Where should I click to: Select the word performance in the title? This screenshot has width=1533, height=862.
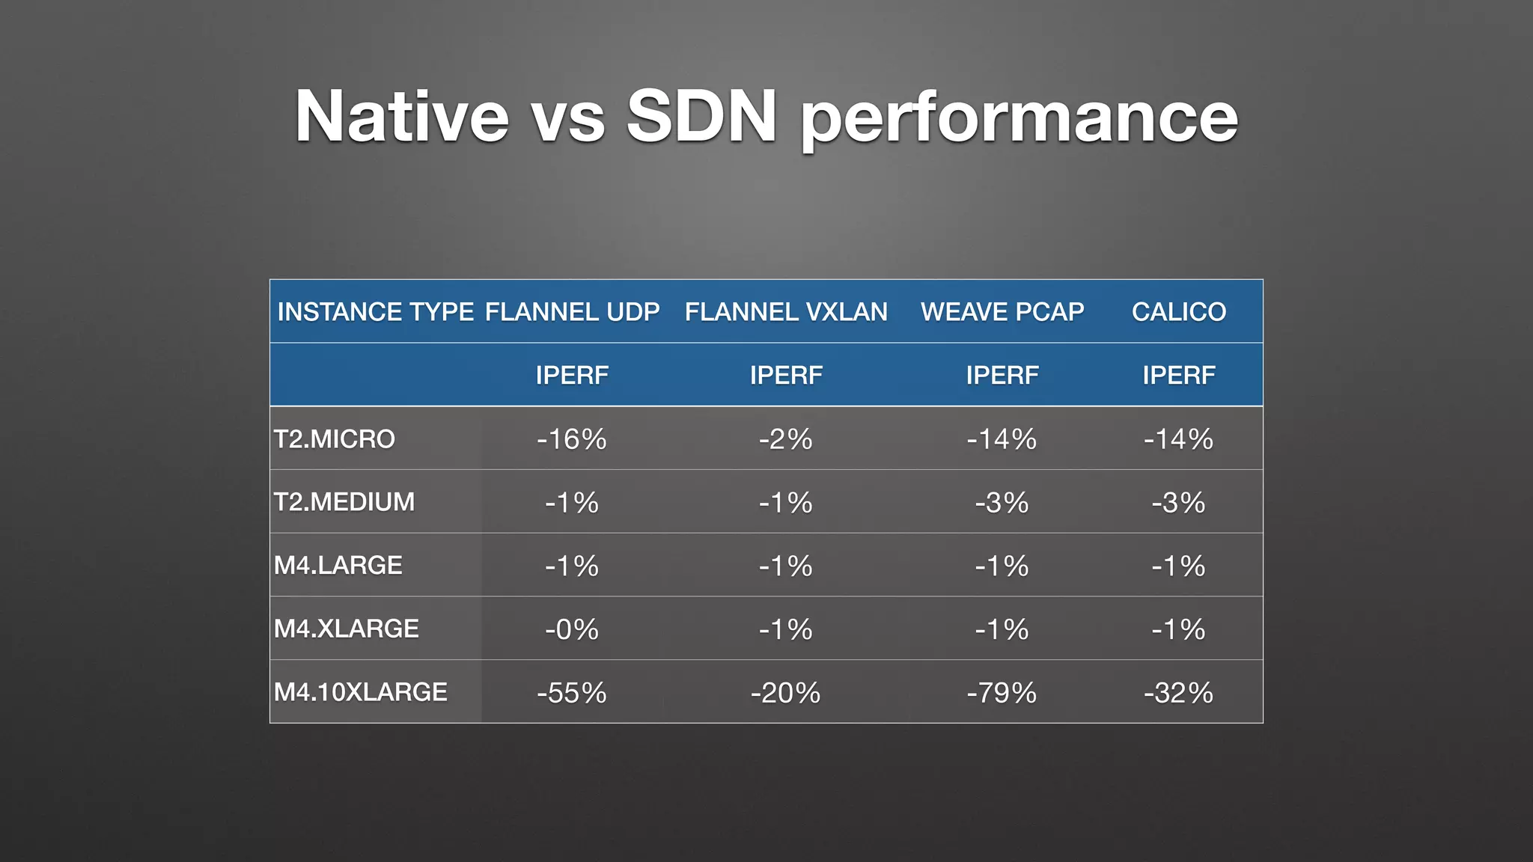coord(1020,120)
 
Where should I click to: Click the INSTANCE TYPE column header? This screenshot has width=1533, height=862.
coord(375,311)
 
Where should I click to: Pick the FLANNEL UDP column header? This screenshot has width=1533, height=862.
coord(572,311)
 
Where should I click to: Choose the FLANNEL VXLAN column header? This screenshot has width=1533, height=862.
coord(786,311)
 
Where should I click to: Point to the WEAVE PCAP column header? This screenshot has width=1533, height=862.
coord(1002,311)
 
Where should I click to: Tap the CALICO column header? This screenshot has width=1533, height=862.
coord(1178,311)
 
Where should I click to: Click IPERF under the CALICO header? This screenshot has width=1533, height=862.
coord(1178,375)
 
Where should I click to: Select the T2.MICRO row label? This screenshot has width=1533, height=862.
coord(334,438)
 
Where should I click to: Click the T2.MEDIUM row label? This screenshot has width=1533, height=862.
coord(344,501)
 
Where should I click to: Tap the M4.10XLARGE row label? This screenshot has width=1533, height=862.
coord(360,692)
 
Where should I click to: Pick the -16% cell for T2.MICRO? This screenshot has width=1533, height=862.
coord(572,438)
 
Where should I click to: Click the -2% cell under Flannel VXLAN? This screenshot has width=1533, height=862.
coord(786,438)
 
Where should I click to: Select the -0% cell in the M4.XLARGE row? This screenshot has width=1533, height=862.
coord(572,629)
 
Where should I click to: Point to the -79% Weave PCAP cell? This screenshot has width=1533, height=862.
coord(1002,692)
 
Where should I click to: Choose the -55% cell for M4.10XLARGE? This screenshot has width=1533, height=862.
coord(572,692)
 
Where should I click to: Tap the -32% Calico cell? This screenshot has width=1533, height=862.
coord(1178,692)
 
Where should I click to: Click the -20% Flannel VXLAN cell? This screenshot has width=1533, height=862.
coord(786,692)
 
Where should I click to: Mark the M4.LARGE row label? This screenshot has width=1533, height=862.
coord(338,565)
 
